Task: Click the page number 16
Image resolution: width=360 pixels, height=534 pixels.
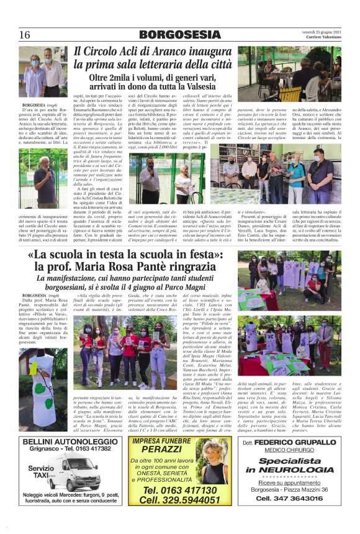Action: pos(25,34)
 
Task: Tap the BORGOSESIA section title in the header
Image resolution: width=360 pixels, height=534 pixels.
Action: pos(179,34)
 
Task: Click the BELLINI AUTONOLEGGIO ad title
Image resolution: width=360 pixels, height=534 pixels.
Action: pos(70,442)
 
